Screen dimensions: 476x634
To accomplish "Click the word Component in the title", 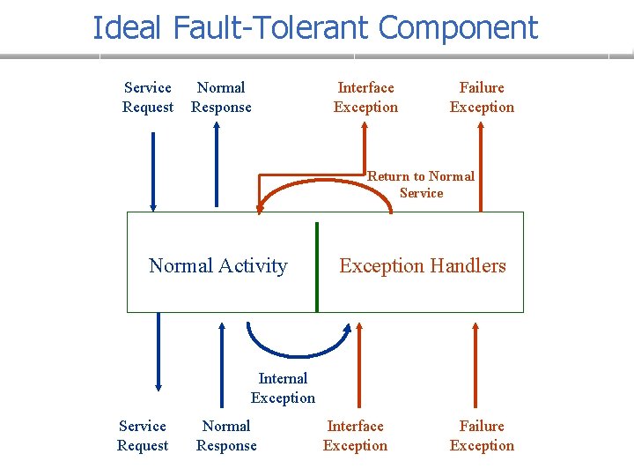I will click(458, 28).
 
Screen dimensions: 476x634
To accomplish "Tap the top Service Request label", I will click(148, 97).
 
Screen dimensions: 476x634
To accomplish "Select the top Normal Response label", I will click(221, 97).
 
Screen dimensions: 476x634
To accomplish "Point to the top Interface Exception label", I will click(365, 97).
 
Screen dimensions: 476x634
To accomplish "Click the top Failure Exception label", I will click(482, 97).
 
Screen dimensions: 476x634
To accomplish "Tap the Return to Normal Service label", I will click(421, 184).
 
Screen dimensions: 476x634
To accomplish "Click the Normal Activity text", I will click(218, 265).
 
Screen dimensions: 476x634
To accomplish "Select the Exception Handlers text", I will click(423, 265).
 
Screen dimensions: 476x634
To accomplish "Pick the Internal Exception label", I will click(283, 388).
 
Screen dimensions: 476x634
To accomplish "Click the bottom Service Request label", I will click(143, 435).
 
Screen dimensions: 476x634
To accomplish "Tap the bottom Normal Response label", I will click(226, 435).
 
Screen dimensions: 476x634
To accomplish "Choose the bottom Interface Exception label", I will click(355, 435).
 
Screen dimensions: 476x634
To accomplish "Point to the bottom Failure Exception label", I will click(482, 435).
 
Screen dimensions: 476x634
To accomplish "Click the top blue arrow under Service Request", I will click(153, 172).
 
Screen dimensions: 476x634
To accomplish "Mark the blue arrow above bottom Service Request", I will click(158, 353).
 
